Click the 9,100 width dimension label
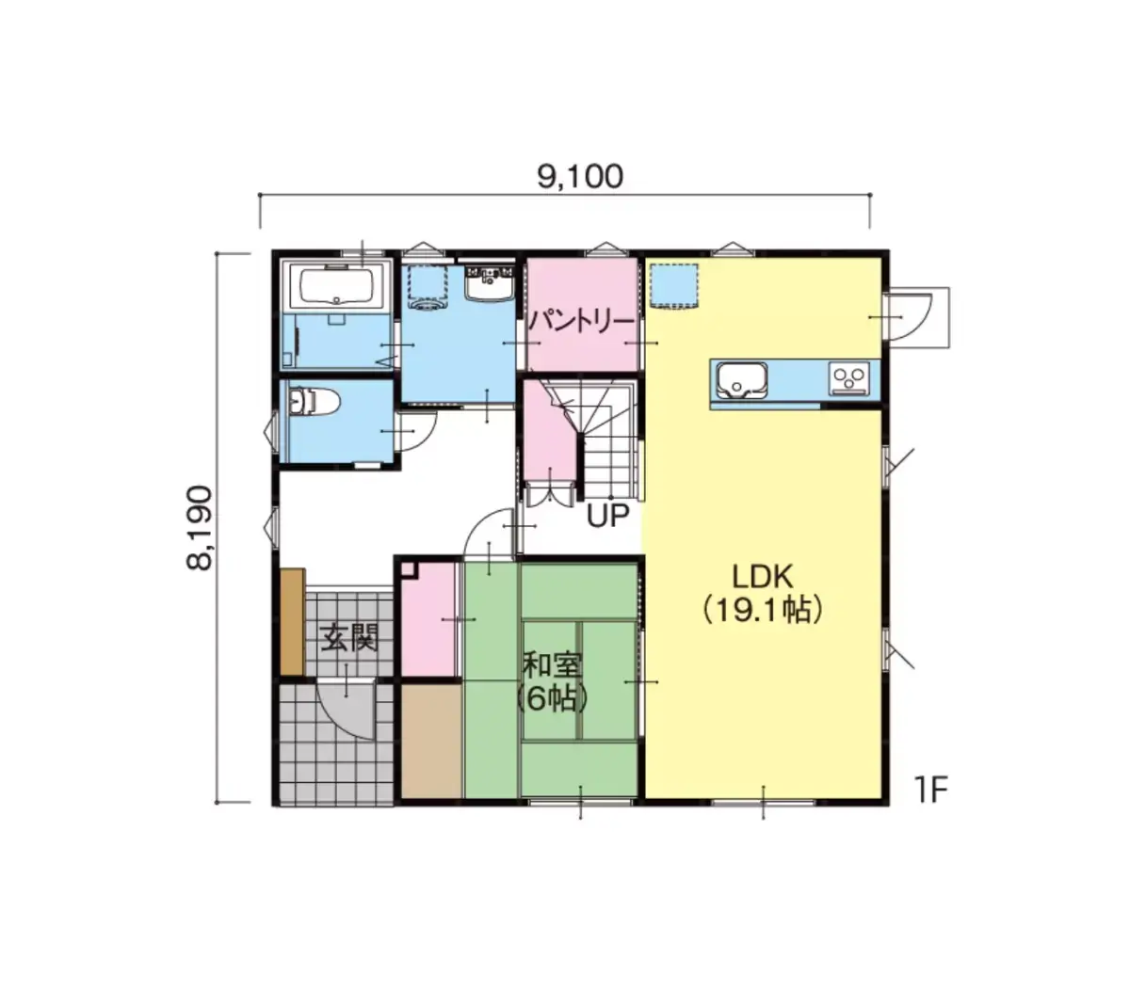(x=579, y=177)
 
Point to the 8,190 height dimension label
(x=199, y=527)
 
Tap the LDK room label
(x=763, y=577)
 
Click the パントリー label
(x=582, y=322)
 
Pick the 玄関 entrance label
(x=349, y=638)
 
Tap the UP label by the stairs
(x=607, y=516)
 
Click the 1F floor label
(x=931, y=790)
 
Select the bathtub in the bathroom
(x=336, y=285)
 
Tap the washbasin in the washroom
(x=491, y=283)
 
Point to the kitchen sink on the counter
(x=742, y=380)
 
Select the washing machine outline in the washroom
(x=428, y=286)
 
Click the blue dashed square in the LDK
(x=674, y=285)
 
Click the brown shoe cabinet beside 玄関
(x=292, y=622)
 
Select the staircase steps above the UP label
(x=608, y=440)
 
